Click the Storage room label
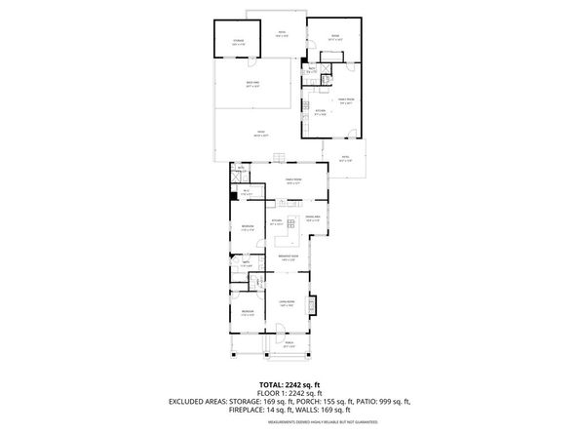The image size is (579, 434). pyautogui.click(x=238, y=41)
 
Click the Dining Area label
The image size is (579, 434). pyautogui.click(x=313, y=218)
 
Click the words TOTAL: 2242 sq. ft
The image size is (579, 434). pyautogui.click(x=289, y=384)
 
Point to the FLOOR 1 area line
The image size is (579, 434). pyautogui.click(x=289, y=393)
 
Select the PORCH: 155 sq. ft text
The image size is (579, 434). pyautogui.click(x=326, y=402)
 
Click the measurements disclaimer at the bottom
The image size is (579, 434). pyautogui.click(x=289, y=421)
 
